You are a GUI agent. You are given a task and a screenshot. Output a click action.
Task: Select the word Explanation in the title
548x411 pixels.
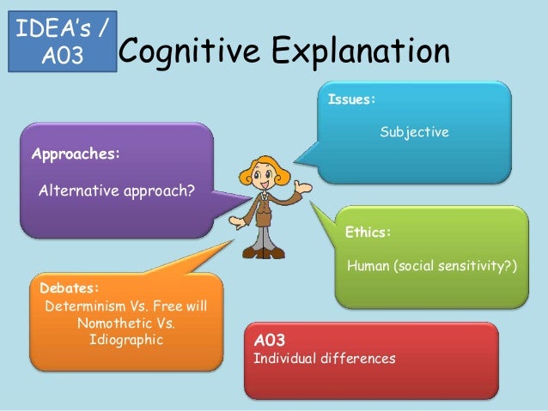(360, 51)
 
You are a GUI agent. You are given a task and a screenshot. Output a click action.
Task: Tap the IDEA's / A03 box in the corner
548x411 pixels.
(63, 38)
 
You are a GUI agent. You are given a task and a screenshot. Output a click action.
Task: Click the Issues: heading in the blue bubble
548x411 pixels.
(352, 100)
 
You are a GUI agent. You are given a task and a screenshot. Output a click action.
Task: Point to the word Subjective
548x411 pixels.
(415, 133)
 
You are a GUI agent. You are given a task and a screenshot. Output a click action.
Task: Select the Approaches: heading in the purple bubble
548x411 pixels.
(76, 155)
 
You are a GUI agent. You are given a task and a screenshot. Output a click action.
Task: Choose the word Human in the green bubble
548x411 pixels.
(368, 266)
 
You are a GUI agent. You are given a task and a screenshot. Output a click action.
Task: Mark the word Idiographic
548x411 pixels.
(125, 340)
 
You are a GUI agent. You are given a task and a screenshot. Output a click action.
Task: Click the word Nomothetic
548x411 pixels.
(113, 323)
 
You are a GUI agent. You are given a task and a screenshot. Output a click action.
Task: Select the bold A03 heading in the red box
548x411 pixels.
(270, 341)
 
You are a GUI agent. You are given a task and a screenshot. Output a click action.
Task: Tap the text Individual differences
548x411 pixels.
(325, 358)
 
